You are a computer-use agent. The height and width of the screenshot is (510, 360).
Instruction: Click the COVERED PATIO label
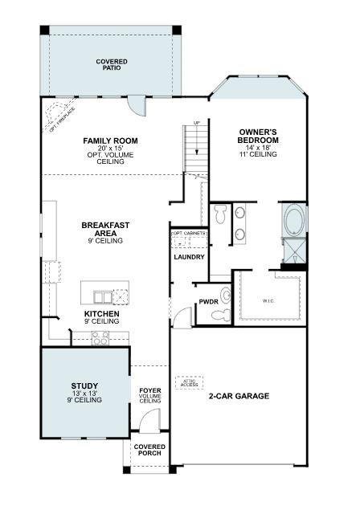pos(112,64)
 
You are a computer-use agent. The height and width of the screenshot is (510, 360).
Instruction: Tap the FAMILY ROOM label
pos(105,141)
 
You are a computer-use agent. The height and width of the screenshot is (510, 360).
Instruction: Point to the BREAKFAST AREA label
pos(105,229)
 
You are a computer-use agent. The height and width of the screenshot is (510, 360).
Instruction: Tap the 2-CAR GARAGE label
pos(239,396)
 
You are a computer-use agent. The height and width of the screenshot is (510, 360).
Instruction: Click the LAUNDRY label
pos(189,257)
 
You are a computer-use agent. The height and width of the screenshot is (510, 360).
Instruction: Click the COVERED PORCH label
pos(149,450)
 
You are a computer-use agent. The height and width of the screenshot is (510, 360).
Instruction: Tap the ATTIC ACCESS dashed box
pos(189,383)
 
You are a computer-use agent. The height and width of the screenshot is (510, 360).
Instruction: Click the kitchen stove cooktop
pos(100,338)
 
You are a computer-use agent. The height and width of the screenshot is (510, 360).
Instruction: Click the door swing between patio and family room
pos(136,105)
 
